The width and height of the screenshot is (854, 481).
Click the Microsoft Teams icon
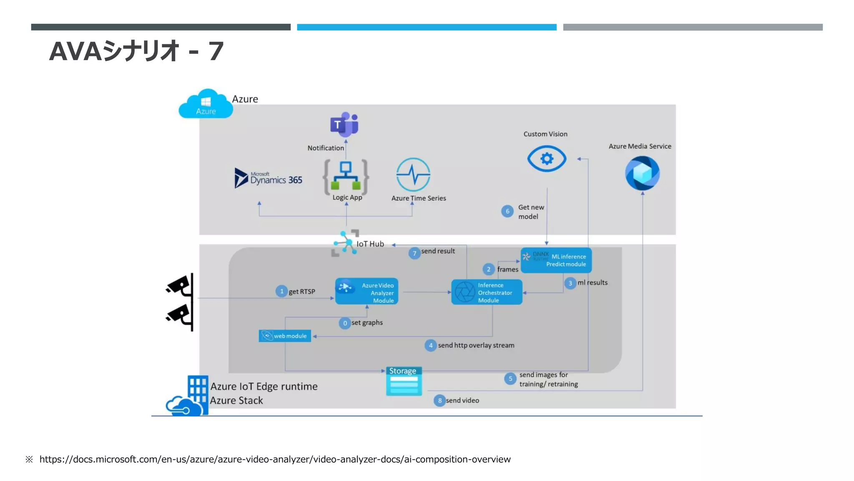pyautogui.click(x=344, y=124)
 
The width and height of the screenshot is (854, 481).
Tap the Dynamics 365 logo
pyautogui.click(x=269, y=178)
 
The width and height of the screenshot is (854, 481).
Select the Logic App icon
pyautogui.click(x=346, y=176)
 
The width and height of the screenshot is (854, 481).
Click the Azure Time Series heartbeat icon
pyautogui.click(x=413, y=175)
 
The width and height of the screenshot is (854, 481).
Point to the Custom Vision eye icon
pyautogui.click(x=547, y=159)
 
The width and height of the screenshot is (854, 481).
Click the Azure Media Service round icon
pyautogui.click(x=642, y=173)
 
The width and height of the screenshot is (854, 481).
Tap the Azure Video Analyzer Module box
pyautogui.click(x=367, y=291)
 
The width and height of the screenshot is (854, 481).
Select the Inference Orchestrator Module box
pyautogui.click(x=487, y=292)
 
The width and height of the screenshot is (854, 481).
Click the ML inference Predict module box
pyautogui.click(x=556, y=260)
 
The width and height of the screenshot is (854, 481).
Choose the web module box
pyautogui.click(x=285, y=336)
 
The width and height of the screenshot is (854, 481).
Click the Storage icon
pyautogui.click(x=404, y=381)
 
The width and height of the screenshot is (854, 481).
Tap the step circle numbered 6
pyautogui.click(x=507, y=211)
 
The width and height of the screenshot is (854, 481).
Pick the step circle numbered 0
pyautogui.click(x=345, y=323)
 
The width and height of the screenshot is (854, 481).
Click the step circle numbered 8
pyautogui.click(x=440, y=400)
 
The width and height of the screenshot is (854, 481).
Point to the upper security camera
pyautogui.click(x=179, y=286)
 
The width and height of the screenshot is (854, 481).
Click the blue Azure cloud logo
pyautogui.click(x=206, y=104)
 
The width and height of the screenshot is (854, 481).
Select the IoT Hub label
pyautogui.click(x=370, y=244)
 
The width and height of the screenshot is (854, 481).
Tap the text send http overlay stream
pyautogui.click(x=476, y=345)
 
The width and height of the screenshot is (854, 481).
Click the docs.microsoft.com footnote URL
pyautogui.click(x=275, y=459)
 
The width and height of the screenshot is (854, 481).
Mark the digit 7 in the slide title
pyautogui.click(x=216, y=52)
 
